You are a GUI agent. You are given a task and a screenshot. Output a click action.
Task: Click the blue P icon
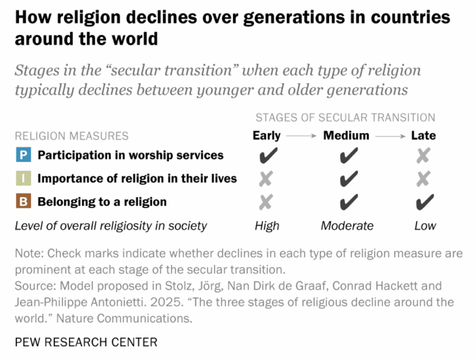click(x=23, y=155)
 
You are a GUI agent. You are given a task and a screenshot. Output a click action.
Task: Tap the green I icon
click(x=23, y=178)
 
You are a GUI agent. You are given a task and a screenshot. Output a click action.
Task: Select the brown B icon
click(x=23, y=202)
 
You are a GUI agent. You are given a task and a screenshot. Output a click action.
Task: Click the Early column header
click(x=266, y=136)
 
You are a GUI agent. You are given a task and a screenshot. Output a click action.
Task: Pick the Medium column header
click(x=346, y=136)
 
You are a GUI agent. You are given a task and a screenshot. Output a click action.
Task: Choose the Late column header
click(x=423, y=136)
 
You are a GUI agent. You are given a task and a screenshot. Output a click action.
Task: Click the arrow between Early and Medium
click(x=302, y=136)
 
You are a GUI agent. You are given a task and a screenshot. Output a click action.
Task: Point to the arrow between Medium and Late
click(x=390, y=136)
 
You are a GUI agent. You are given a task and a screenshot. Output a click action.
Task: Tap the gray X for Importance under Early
click(x=266, y=178)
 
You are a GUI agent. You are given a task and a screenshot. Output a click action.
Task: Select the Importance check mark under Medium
click(x=348, y=178)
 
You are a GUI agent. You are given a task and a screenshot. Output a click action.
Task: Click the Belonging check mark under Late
click(x=424, y=202)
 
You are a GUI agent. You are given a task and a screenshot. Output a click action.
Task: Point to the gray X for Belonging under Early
click(x=266, y=202)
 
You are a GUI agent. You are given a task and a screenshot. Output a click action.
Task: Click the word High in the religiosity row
click(x=267, y=226)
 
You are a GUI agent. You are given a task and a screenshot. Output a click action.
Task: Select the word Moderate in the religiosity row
click(x=347, y=226)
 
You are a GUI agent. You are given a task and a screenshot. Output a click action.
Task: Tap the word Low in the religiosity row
click(x=425, y=226)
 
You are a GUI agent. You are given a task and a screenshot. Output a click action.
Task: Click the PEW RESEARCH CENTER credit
click(x=86, y=343)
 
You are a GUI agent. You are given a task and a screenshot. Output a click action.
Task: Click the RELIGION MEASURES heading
click(x=72, y=136)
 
